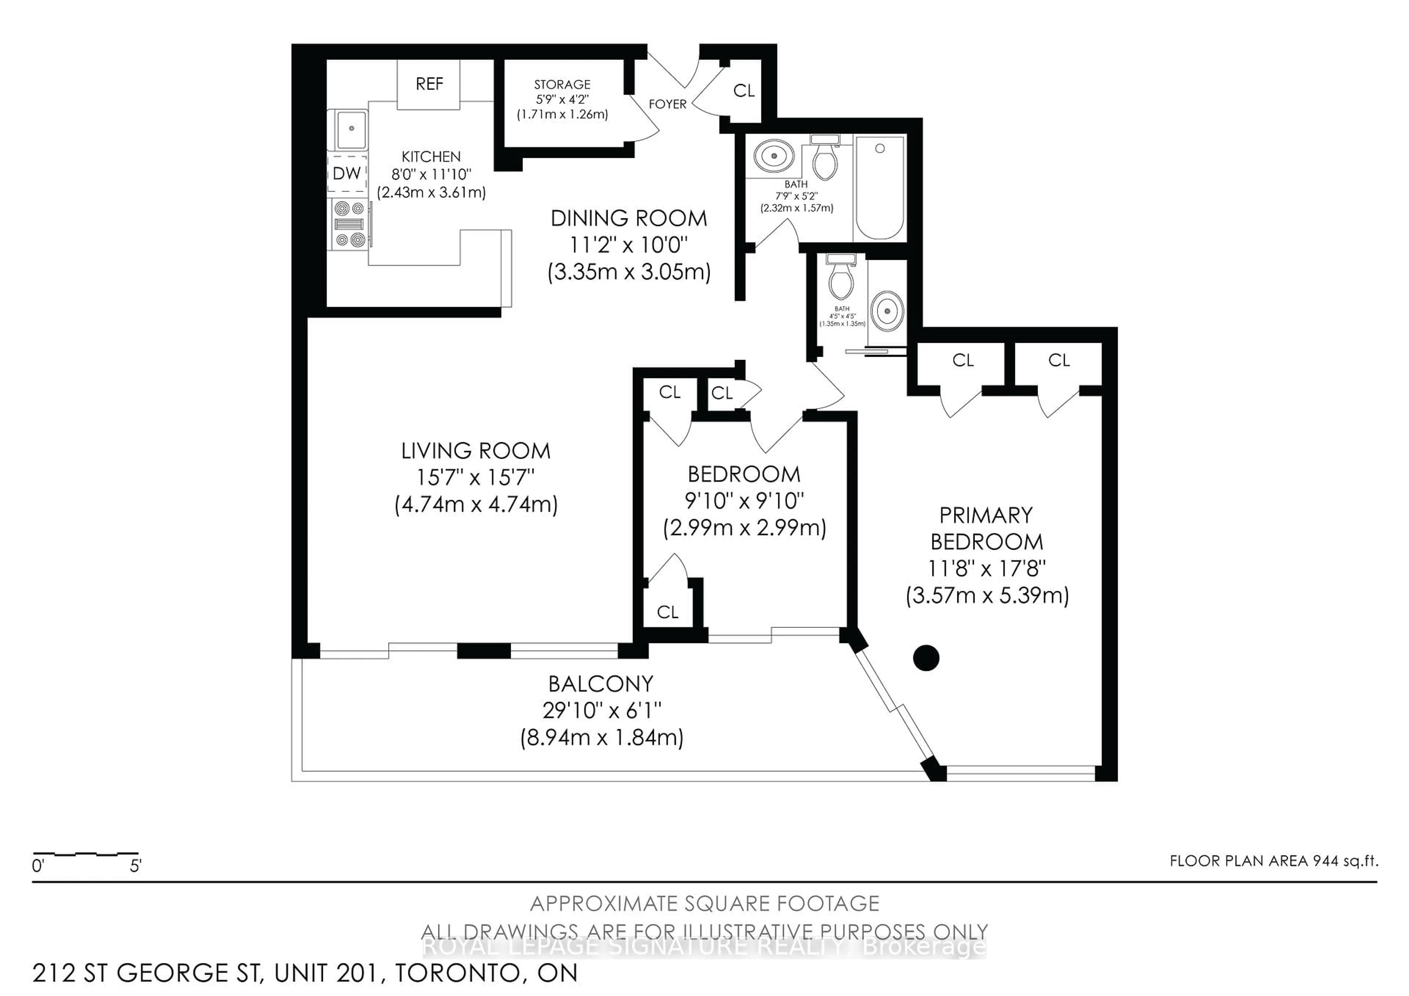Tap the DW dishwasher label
tap(347, 174)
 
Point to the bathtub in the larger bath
tap(880, 188)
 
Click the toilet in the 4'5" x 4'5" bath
tap(841, 279)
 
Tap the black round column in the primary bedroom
tap(925, 658)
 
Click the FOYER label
tap(667, 104)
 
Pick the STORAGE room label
tap(561, 85)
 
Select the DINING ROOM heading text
tap(629, 218)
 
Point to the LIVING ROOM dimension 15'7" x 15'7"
tap(476, 477)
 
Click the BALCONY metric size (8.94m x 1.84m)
tap(601, 737)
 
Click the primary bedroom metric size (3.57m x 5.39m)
tap(987, 595)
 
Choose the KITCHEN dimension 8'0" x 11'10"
tap(431, 174)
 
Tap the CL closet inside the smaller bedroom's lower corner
tap(668, 612)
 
